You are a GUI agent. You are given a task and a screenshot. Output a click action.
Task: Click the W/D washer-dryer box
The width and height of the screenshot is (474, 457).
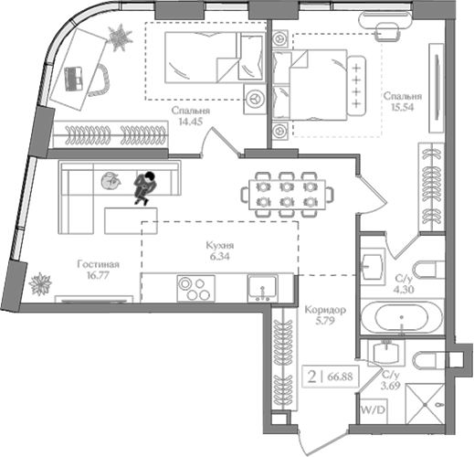click(x=374, y=410)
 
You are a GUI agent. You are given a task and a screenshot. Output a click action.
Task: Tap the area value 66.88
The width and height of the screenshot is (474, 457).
click(x=340, y=377)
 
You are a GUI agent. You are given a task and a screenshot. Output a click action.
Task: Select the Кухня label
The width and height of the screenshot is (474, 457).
click(x=220, y=246)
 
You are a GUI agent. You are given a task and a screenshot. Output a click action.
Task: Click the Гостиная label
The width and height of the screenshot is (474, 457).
click(x=98, y=264)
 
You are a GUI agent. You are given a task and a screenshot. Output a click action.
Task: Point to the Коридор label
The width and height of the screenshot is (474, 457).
click(x=325, y=310)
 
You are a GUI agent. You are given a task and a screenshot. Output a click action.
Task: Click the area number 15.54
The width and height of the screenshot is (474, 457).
click(x=403, y=107)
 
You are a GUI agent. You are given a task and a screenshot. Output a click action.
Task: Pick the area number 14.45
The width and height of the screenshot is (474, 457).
click(x=191, y=122)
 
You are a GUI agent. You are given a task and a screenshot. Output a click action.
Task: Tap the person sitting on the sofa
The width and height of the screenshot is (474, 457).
click(x=145, y=188)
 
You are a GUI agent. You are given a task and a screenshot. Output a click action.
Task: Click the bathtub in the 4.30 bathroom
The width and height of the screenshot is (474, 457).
click(x=402, y=318)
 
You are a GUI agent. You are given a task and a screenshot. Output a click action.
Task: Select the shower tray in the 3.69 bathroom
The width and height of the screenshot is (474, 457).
click(x=425, y=404)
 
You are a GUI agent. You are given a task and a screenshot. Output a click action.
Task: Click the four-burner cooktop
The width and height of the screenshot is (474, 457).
click(x=195, y=289)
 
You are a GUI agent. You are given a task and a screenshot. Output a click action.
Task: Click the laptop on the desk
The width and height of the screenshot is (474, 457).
click(x=73, y=79)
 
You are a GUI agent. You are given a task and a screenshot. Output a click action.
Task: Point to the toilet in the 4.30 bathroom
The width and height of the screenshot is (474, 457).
click(x=429, y=270)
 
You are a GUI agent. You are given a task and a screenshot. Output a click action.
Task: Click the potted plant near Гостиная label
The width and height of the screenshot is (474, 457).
click(x=40, y=284)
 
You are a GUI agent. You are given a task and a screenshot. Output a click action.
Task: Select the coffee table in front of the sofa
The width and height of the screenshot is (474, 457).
click(x=131, y=221)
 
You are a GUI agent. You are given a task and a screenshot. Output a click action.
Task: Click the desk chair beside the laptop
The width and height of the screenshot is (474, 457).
click(x=101, y=80)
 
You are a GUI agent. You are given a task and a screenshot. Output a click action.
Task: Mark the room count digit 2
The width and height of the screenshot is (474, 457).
click(x=311, y=377)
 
